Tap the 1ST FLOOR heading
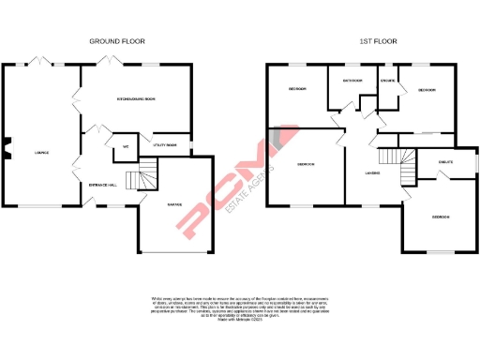[376, 41]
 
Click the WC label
[124, 147]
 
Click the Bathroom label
[353, 82]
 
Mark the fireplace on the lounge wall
[7, 145]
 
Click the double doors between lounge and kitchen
[78, 99]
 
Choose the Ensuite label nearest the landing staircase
[445, 163]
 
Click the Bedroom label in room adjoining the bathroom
[297, 90]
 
